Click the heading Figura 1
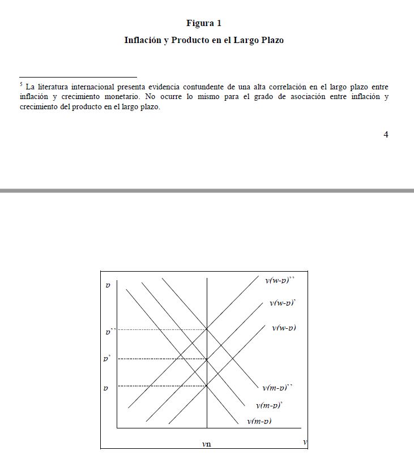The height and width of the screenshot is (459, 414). tap(204, 23)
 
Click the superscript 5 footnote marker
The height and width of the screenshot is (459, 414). tap(21, 84)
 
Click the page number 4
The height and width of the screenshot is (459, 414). tap(386, 134)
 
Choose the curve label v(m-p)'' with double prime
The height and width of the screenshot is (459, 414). tap(278, 388)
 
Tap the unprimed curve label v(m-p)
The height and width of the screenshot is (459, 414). tap(259, 421)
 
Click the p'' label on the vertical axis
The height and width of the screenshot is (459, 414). tap(109, 331)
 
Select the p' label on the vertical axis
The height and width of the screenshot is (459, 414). tap(106, 358)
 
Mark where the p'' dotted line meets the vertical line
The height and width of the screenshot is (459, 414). tap(207, 329)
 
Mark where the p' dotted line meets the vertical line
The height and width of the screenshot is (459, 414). tap(207, 358)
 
